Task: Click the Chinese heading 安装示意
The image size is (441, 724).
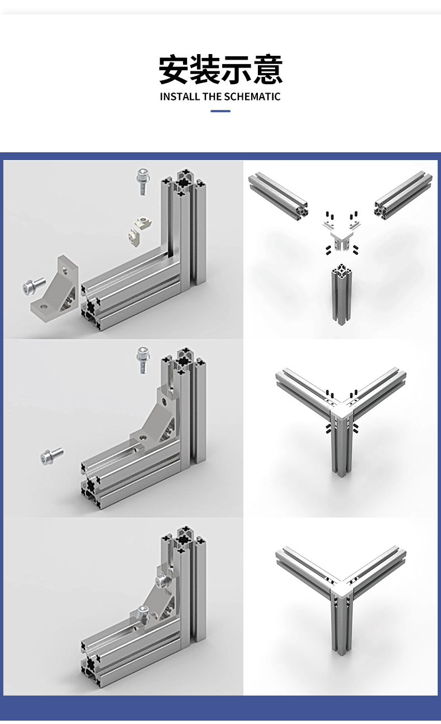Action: coord(220,70)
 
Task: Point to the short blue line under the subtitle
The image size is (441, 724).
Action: coord(220,111)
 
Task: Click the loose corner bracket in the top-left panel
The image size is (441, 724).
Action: coord(56,286)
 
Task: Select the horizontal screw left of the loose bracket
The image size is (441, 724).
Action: coord(33,286)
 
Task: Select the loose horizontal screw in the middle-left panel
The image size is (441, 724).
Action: coord(52,456)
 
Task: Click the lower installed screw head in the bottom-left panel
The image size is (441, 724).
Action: coord(143,612)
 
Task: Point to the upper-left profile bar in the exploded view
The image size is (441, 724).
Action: coord(278,196)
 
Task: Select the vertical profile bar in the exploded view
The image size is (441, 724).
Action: coord(341,294)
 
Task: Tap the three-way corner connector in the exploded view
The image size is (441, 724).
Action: coord(341,235)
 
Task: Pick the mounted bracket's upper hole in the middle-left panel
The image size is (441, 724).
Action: coord(165,402)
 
